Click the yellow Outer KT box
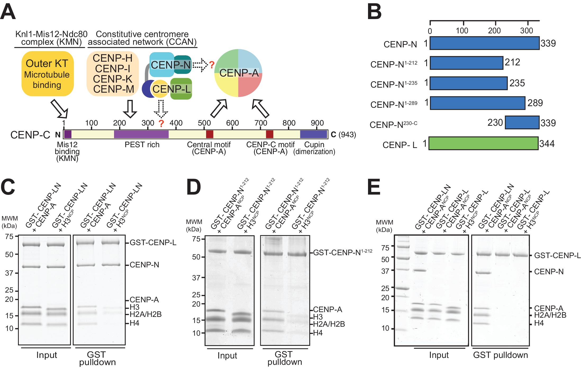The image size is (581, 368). (47, 74)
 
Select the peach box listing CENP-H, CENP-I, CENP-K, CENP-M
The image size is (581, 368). (113, 74)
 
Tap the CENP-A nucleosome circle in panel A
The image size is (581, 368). (238, 73)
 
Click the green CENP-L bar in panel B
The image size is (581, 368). (483, 143)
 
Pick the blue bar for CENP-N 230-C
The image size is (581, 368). (522, 122)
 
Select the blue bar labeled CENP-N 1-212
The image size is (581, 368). (466, 63)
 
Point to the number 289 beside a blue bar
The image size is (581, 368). (535, 103)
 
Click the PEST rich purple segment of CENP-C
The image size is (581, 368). (141, 134)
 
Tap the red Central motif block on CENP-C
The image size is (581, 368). (210, 134)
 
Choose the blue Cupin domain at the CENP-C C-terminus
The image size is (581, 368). (314, 134)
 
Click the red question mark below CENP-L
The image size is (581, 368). (161, 123)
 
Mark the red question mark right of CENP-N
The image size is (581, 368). (212, 65)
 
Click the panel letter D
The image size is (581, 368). (194, 187)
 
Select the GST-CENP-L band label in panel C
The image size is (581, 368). (153, 243)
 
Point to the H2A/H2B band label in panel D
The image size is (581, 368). (329, 324)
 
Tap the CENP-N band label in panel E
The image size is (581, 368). (549, 272)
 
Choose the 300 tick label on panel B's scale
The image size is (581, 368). (526, 31)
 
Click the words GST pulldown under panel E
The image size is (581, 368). (500, 355)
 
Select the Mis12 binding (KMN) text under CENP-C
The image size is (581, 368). (67, 151)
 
